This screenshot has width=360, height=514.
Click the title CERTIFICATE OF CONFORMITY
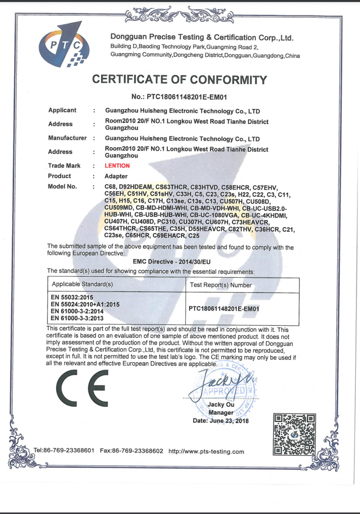coord(179,80)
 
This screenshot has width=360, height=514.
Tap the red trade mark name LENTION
coord(117,165)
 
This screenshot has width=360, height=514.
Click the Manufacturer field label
coord(67,138)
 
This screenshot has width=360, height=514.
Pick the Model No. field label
coord(62,186)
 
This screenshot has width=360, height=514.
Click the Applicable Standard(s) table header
coord(82,284)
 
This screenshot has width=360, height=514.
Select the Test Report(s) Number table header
coord(220,285)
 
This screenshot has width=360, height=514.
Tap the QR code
coord(294,435)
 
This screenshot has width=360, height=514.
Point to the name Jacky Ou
coord(221,405)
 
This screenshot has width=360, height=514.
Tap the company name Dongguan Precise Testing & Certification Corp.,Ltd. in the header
coord(202,38)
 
